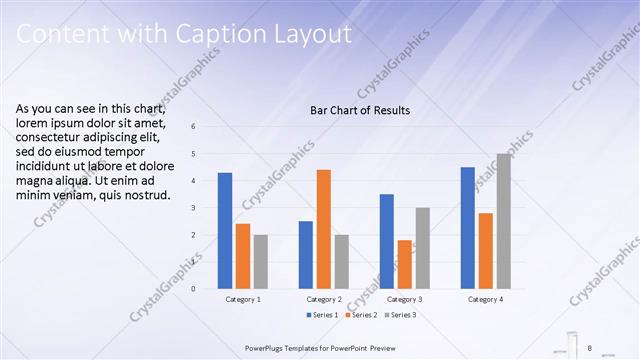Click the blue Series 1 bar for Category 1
pos(225,231)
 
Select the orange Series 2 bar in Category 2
pos(324,229)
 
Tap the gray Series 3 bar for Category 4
pos(503,221)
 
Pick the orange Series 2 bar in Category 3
pos(405,264)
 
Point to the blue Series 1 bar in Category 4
pos(467,228)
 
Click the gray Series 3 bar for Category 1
pos(261,262)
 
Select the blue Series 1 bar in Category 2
pos(306,255)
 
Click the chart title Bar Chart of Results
pos(360,110)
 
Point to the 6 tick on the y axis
pos(193,126)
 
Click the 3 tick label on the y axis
pos(193,208)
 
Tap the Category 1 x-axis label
pos(243,300)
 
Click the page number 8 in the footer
pos(590,347)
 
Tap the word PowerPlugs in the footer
pos(269,347)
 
